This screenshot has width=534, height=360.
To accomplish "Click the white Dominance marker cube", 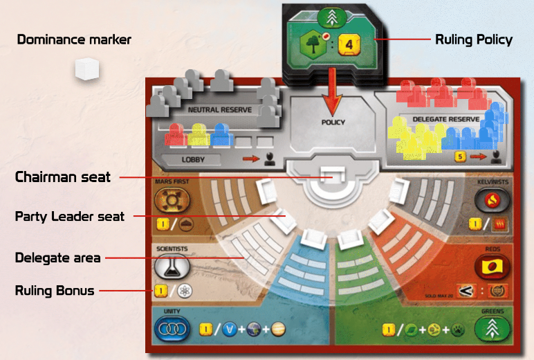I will (x=87, y=69).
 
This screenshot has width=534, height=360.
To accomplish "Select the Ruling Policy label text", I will (x=474, y=39).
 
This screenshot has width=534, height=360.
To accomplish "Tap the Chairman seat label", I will (x=63, y=177).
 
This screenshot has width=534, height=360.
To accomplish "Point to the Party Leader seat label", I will (x=70, y=217).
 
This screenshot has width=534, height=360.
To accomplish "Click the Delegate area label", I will (x=58, y=258).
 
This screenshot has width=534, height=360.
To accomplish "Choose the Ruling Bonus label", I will (x=55, y=291).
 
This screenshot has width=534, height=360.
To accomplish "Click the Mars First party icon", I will (x=167, y=201).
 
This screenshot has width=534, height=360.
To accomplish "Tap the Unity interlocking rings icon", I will (x=169, y=331).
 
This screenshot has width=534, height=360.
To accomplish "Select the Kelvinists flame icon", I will (x=489, y=201).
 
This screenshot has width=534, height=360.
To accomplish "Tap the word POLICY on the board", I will (x=333, y=123).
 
